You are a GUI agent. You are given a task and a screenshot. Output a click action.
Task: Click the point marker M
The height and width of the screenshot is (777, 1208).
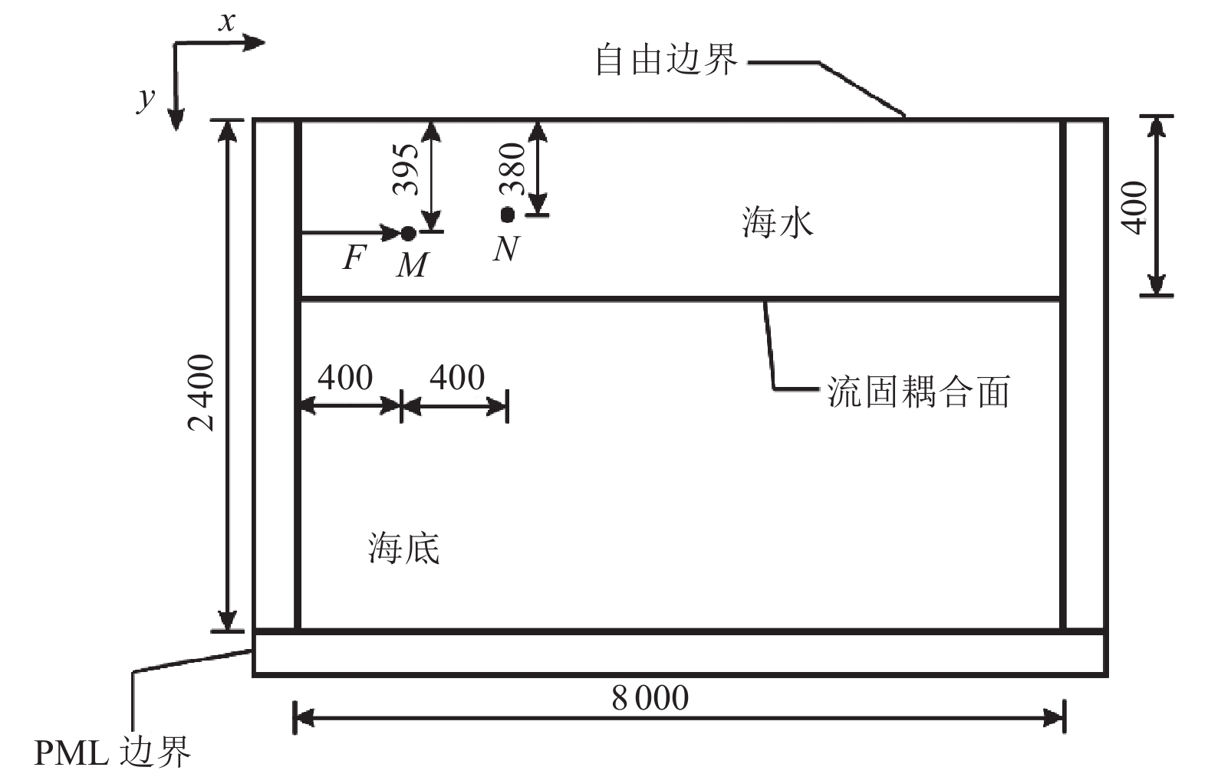tap(408, 232)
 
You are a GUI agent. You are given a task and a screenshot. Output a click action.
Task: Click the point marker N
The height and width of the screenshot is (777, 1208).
tap(507, 215)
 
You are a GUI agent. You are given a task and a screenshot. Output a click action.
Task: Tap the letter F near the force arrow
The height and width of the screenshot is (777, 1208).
tap(353, 258)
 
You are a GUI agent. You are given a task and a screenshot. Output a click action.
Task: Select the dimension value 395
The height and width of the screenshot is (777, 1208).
tap(406, 170)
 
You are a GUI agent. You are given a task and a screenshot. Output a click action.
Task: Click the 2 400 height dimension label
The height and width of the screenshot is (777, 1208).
tap(202, 392)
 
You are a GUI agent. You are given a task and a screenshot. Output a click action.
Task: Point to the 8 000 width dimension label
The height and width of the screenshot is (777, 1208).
tap(650, 698)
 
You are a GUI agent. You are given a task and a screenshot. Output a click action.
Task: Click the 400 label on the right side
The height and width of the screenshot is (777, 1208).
tap(1135, 206)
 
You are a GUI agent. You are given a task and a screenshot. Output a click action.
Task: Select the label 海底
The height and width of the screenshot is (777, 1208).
tap(403, 549)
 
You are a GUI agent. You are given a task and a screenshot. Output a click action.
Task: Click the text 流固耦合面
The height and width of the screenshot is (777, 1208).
tap(917, 391)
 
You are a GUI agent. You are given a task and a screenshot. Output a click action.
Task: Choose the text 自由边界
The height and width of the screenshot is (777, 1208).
tap(666, 60)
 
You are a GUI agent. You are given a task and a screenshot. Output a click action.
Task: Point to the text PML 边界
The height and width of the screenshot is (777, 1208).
tap(112, 752)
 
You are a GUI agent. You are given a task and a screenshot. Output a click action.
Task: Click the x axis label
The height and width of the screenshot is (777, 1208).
tap(226, 22)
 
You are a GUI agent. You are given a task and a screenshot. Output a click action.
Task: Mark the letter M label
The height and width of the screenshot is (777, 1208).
tap(413, 265)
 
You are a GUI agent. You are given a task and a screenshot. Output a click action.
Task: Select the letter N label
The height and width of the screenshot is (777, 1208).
tap(506, 248)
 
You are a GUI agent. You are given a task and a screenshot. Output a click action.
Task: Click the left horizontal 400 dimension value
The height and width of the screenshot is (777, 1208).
tap(345, 377)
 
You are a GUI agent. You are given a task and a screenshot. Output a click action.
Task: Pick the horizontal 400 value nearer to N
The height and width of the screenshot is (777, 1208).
tap(457, 377)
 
